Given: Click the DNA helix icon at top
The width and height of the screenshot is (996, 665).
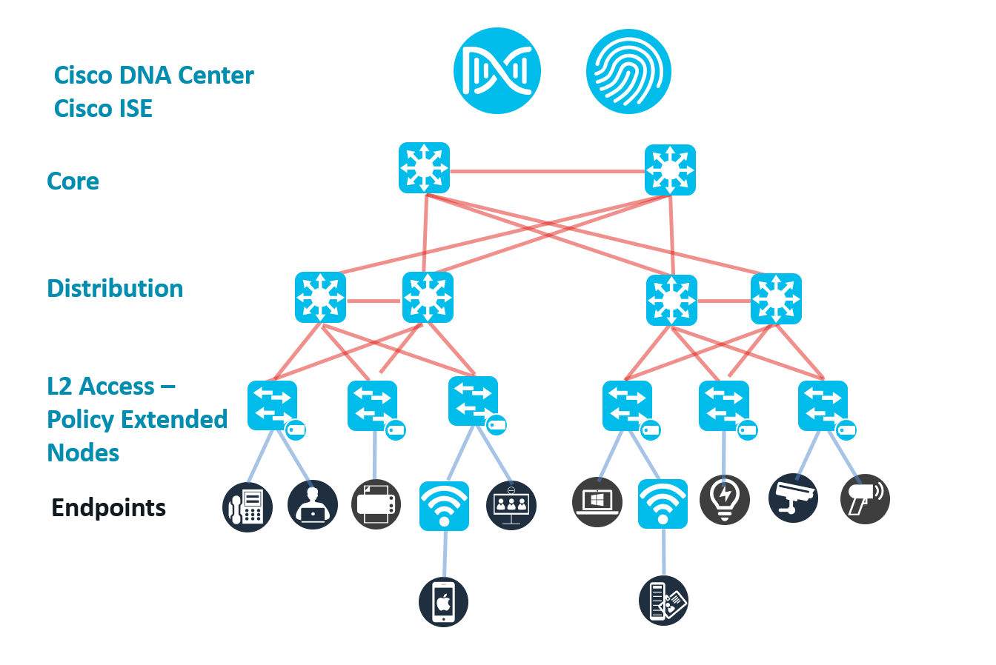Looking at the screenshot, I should [x=497, y=71].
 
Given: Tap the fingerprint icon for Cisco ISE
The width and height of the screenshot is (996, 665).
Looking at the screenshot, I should [x=628, y=71].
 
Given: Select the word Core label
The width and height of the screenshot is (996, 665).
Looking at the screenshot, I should [x=73, y=181].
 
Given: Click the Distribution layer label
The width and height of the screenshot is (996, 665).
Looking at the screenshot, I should [x=115, y=289].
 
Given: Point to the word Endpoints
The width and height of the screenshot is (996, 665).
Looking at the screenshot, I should [x=108, y=508].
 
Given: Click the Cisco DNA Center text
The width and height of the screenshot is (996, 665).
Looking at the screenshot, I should [x=154, y=76].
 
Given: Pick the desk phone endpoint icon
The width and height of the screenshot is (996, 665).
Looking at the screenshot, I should [x=248, y=507].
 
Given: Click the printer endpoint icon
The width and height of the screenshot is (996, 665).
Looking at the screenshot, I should [x=376, y=505].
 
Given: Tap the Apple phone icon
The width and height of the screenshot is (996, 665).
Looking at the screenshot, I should [x=443, y=601].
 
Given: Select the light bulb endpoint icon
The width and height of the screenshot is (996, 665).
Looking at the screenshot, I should [x=724, y=499].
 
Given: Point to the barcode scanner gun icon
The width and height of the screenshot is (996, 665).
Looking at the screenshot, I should [x=865, y=498].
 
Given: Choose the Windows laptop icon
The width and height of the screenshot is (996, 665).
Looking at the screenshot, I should [x=597, y=502].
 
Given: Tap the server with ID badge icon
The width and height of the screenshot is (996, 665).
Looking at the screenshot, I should [x=663, y=600].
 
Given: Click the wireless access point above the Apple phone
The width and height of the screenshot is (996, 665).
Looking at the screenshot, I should [x=444, y=506].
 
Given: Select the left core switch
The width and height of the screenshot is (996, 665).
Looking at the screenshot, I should [x=424, y=168].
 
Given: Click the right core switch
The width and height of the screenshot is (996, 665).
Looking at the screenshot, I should [x=670, y=170].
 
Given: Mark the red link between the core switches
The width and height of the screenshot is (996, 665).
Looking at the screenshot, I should [x=547, y=172].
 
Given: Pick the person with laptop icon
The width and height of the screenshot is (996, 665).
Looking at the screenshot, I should [x=312, y=505].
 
